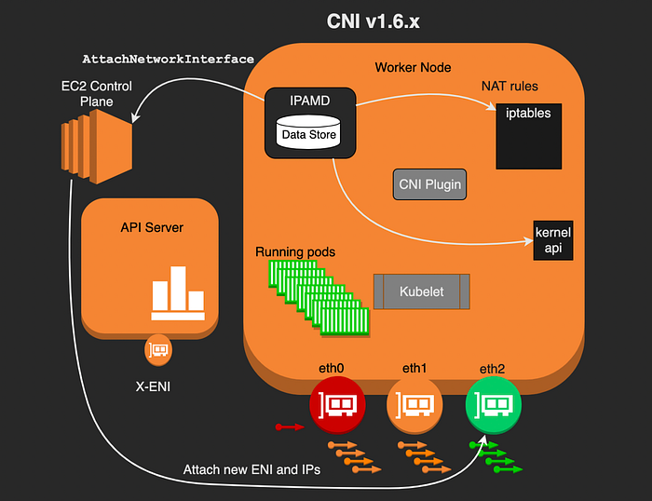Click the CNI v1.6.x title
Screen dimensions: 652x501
(x=373, y=21)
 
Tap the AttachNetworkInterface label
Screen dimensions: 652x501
(x=168, y=59)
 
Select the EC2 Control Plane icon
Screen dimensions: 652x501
(x=97, y=147)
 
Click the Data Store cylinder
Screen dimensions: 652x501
(x=308, y=132)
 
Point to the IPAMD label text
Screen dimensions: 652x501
(x=310, y=101)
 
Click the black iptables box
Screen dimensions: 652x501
(x=528, y=136)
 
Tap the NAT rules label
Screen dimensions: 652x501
(x=509, y=86)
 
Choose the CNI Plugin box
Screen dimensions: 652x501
(x=429, y=184)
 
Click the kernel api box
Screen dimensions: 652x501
(x=553, y=240)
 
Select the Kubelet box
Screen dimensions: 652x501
(x=422, y=291)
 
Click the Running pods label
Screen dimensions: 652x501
(x=295, y=252)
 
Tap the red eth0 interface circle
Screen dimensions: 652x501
(x=337, y=404)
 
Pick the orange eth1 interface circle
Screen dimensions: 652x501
(x=414, y=404)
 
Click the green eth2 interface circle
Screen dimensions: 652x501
(x=493, y=404)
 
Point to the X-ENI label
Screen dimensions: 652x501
(x=153, y=386)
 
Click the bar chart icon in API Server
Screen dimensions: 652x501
(x=178, y=293)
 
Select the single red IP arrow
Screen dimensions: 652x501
(x=290, y=427)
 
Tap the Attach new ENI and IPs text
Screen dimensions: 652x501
(x=251, y=469)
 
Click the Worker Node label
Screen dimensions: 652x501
(x=413, y=67)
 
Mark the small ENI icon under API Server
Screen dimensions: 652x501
(x=158, y=350)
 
